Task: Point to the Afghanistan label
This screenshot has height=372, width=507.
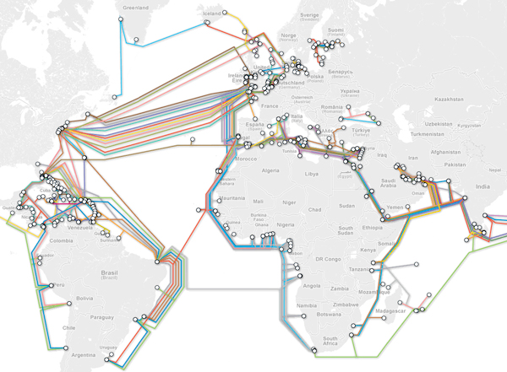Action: click(438, 152)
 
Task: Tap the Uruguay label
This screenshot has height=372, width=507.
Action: click(108, 347)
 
